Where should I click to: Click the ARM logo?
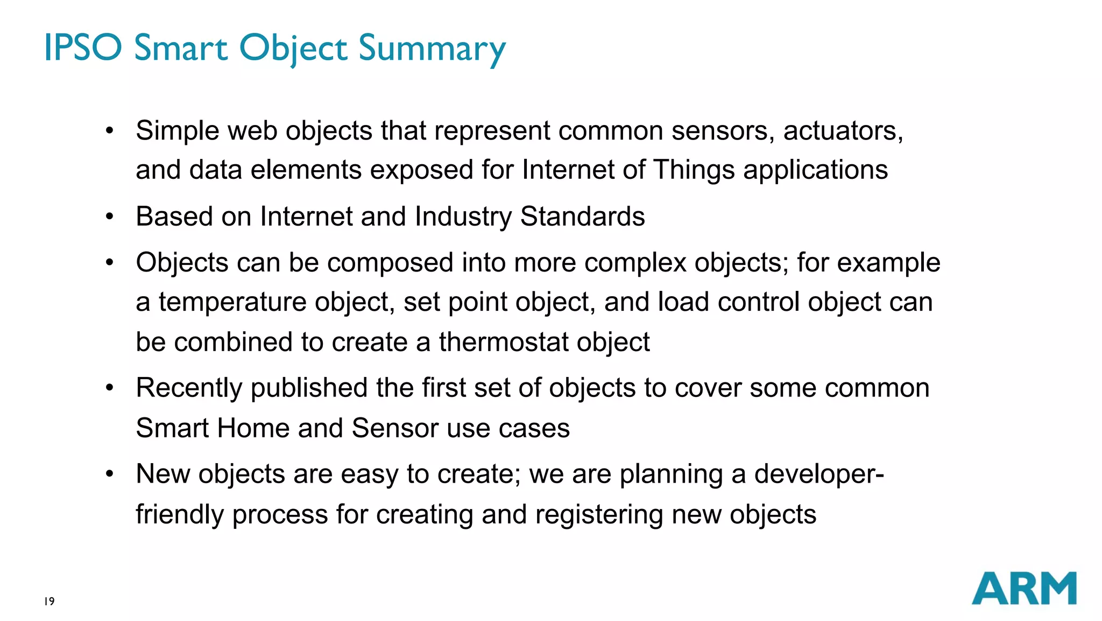[1023, 588]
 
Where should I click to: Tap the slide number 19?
[50, 601]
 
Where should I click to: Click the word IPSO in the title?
[83, 47]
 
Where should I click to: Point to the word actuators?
[843, 131]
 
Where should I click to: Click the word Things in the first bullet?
[694, 170]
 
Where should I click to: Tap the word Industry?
[463, 217]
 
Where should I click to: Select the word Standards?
[582, 217]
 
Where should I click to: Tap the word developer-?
[819, 475]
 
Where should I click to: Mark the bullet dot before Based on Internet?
[110, 217]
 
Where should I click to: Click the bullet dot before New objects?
[110, 474]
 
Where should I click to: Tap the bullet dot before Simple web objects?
[110, 130]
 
